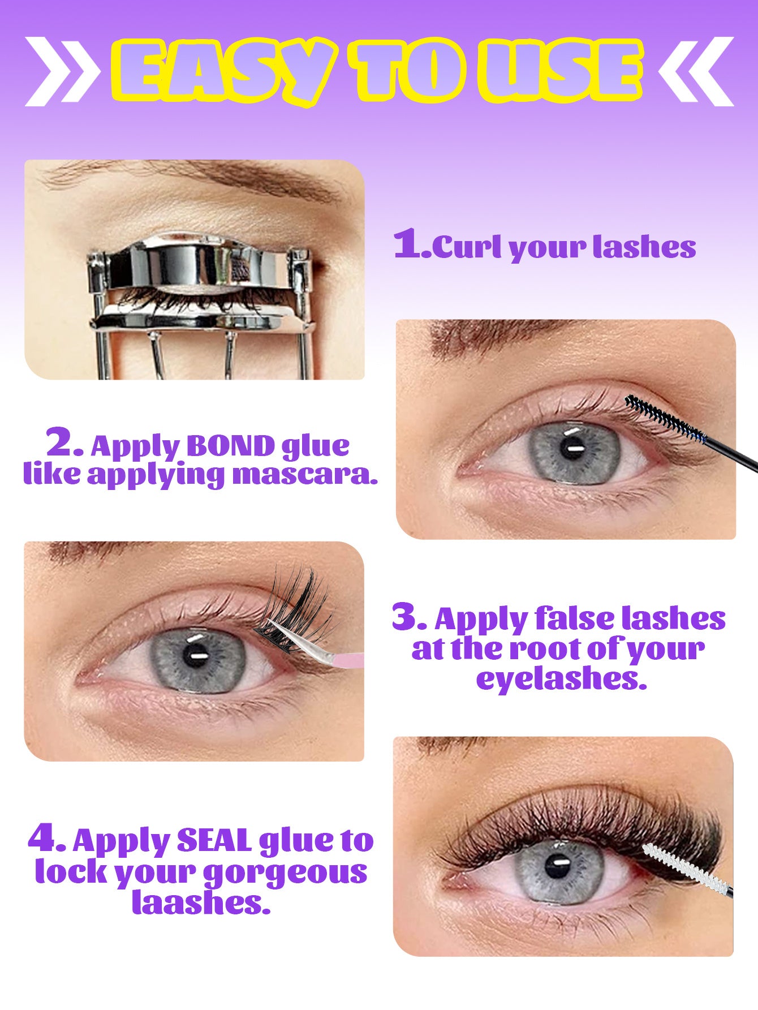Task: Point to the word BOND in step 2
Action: click(x=230, y=447)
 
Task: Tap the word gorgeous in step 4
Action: click(x=285, y=873)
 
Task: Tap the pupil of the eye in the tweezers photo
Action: click(x=195, y=656)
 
